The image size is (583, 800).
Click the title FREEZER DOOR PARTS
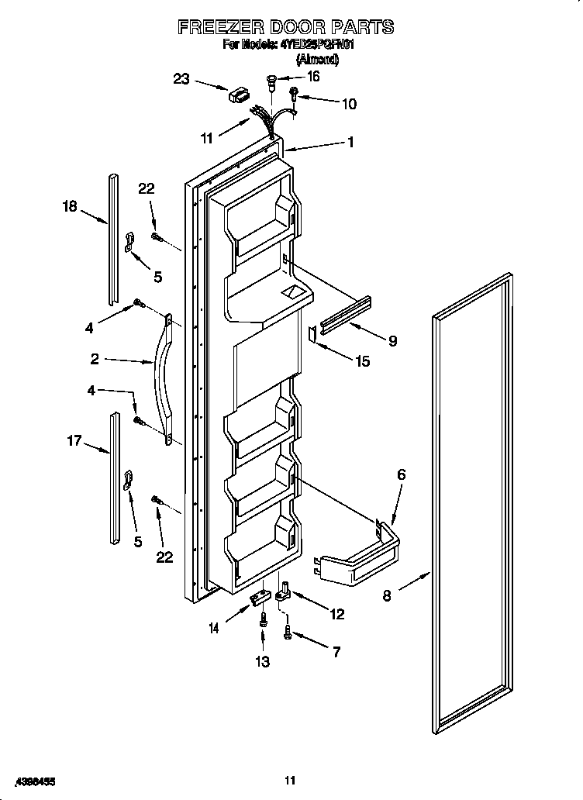286,28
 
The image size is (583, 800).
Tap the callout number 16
313,77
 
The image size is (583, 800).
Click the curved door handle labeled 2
164,379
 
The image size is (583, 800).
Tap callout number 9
392,340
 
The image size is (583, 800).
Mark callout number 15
363,360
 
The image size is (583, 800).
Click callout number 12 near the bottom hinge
337,614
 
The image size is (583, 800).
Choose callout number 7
336,652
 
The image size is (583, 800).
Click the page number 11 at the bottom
290,780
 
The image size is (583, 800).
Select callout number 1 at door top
350,142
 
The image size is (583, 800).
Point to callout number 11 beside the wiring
205,139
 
